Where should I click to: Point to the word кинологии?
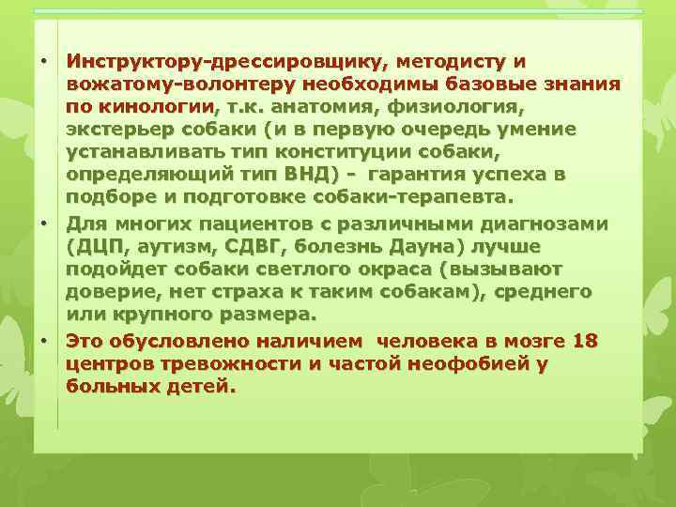point(147,107)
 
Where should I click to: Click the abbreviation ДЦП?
point(100,246)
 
